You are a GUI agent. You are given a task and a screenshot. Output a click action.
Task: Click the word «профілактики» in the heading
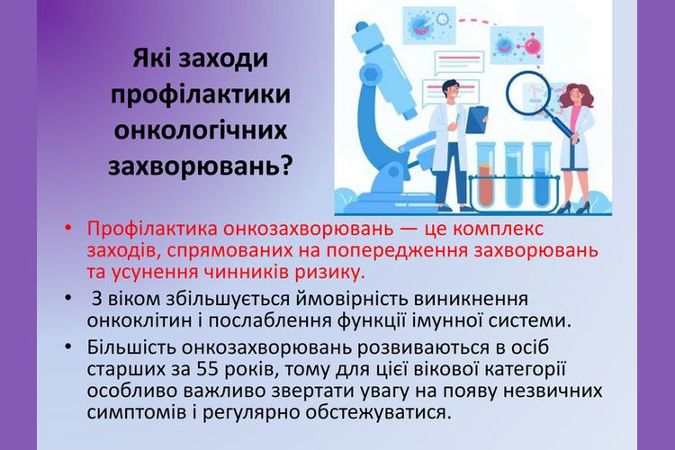click(x=200, y=95)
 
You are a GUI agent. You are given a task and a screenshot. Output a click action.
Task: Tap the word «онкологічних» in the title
click(x=201, y=130)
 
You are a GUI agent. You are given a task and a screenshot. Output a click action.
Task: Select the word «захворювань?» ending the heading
click(x=200, y=166)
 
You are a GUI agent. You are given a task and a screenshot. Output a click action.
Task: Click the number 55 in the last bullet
click(x=208, y=369)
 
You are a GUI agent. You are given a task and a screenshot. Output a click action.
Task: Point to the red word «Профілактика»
click(x=152, y=229)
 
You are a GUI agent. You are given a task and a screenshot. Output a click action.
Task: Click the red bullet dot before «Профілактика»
click(x=67, y=228)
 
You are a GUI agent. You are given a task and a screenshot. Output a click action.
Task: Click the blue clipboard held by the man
click(x=476, y=120)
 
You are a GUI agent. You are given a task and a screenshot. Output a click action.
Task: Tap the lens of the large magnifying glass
click(x=529, y=94)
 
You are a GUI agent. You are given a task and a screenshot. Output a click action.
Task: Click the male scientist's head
click(x=447, y=89)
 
